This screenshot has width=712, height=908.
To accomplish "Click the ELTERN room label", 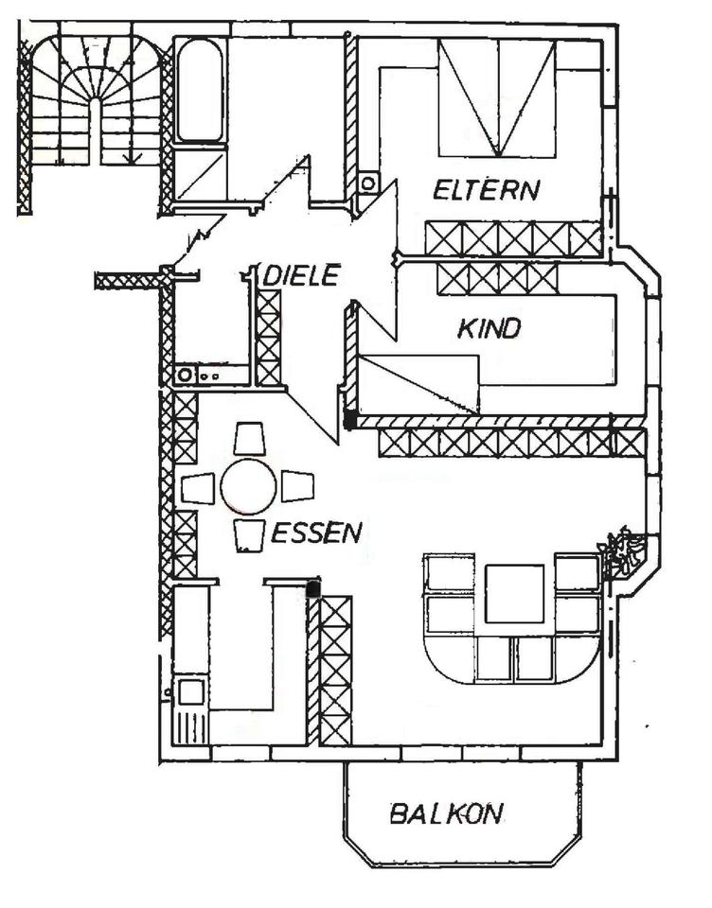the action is click(x=486, y=189).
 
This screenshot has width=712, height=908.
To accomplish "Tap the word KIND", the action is click(x=489, y=329).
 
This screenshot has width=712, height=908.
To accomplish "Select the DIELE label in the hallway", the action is click(x=301, y=276).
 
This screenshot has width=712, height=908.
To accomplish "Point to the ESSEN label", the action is click(x=316, y=533).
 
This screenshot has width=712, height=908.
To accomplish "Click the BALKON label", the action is click(x=446, y=813).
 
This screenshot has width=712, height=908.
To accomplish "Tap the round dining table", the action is click(x=248, y=486).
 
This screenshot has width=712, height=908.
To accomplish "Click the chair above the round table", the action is click(x=249, y=440).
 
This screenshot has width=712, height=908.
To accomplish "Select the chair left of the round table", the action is click(x=199, y=488).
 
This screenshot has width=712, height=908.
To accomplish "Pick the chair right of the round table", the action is click(x=297, y=486).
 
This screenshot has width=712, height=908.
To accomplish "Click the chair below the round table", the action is click(x=248, y=535).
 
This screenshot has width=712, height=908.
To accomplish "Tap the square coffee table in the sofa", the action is click(x=514, y=594).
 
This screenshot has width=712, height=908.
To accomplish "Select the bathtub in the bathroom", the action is click(x=199, y=90).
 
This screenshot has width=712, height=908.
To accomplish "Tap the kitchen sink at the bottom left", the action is click(x=190, y=691).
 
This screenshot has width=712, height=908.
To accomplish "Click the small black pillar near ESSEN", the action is click(x=312, y=588).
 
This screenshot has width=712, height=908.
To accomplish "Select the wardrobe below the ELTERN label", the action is click(x=513, y=238).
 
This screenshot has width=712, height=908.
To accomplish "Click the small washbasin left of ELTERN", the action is click(x=367, y=183).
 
